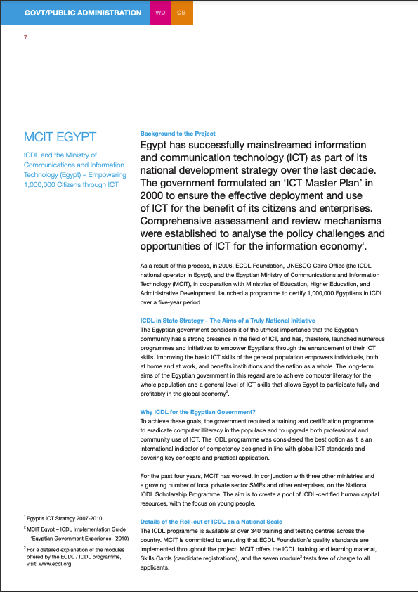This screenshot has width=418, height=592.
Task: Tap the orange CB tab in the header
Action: coord(182,13)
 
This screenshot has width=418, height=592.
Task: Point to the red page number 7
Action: coord(26,37)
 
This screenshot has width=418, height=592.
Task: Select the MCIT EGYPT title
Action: coord(60,137)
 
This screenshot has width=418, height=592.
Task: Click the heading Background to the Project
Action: coord(178,134)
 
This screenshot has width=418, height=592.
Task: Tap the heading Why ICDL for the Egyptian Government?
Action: coord(198,411)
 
